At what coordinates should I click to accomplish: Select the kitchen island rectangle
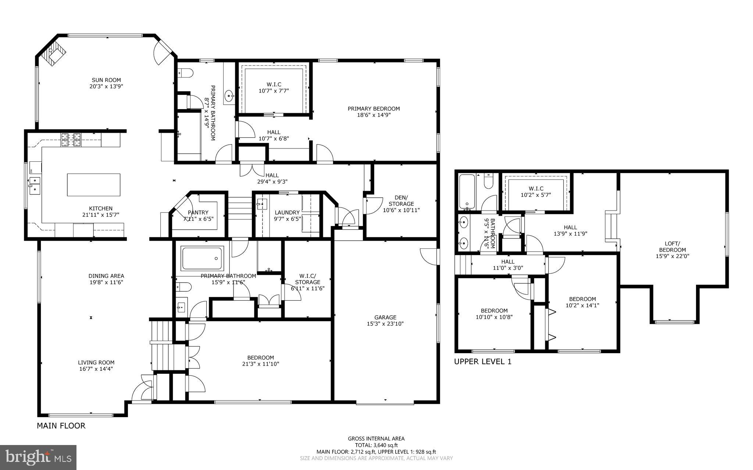point(94,185)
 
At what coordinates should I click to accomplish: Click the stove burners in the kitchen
point(71,140)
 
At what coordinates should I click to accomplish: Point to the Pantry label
point(198,212)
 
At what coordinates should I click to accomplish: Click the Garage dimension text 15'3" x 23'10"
point(385,324)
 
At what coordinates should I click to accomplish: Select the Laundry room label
point(287,212)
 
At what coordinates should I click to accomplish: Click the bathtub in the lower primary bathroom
point(202,258)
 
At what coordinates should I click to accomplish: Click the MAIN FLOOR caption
point(61,426)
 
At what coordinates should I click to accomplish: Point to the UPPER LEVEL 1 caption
point(482,362)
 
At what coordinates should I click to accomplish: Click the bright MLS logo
point(38,457)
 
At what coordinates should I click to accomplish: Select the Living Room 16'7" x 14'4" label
point(96,365)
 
